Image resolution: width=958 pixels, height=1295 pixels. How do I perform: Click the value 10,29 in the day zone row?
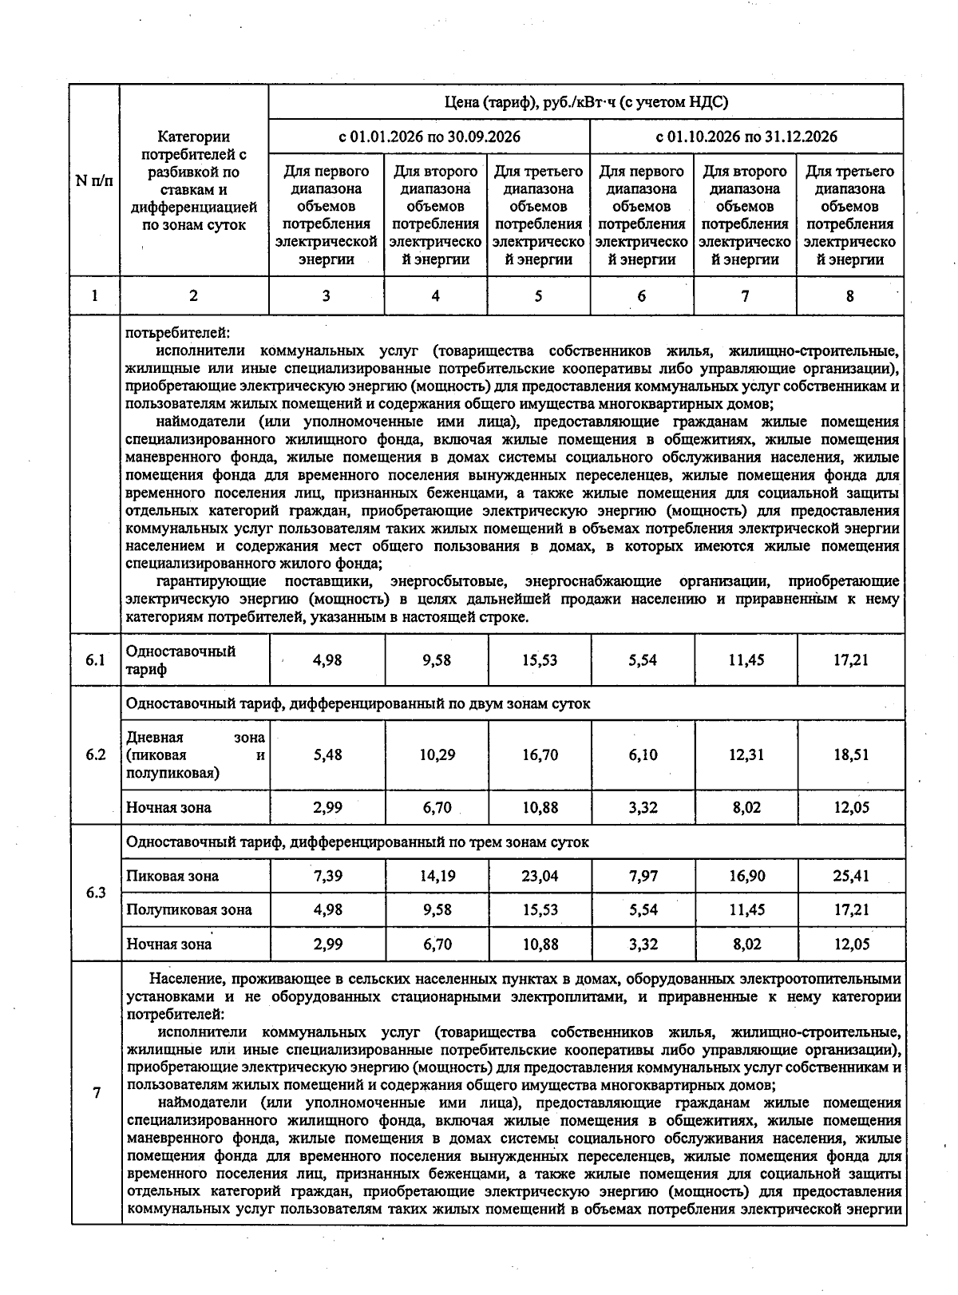click(x=437, y=755)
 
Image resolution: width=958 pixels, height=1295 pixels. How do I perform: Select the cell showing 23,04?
click(x=540, y=876)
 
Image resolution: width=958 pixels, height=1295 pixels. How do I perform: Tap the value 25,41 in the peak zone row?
click(x=851, y=876)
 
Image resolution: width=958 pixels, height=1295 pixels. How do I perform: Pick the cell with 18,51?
click(x=851, y=755)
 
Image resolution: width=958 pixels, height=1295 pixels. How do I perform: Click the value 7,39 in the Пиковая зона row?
click(x=327, y=876)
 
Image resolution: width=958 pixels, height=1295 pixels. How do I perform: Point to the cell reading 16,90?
click(x=746, y=876)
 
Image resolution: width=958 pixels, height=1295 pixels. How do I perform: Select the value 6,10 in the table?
click(x=643, y=755)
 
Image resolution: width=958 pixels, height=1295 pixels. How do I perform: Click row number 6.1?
click(x=96, y=660)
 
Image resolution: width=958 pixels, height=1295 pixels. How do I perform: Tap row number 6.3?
click(x=96, y=893)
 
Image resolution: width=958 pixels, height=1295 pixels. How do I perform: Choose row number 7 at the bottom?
click(x=97, y=1093)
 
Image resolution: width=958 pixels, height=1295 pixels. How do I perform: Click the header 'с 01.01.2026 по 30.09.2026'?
click(x=430, y=137)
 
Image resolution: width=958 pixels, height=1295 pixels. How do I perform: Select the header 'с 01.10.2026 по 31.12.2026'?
click(x=746, y=137)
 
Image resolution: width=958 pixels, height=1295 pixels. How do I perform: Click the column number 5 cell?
click(x=539, y=296)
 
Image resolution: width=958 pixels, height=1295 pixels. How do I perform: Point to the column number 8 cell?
click(x=850, y=296)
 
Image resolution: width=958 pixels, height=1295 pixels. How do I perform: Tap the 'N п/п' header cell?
click(x=94, y=180)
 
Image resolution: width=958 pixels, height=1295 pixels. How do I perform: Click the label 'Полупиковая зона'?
click(x=189, y=909)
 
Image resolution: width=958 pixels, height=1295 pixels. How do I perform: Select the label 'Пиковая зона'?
click(x=172, y=876)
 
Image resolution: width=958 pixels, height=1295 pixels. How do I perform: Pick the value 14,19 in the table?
click(x=437, y=876)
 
